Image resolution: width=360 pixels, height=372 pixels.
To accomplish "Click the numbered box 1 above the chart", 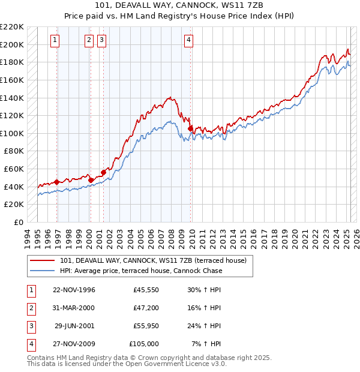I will [55, 40].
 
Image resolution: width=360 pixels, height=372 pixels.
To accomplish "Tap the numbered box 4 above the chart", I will [188, 40].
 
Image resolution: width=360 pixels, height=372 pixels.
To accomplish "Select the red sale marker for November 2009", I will [190, 128].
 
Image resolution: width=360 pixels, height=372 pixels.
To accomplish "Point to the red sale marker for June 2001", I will [104, 172].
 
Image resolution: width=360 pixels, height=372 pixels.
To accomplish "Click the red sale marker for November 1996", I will [57, 182].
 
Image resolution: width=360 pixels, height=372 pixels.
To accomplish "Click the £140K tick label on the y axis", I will [12, 97].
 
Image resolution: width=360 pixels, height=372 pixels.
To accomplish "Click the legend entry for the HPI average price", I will [141, 271].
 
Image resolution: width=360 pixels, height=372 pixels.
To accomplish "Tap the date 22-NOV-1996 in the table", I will [74, 290].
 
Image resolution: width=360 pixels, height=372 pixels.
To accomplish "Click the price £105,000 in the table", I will [144, 344].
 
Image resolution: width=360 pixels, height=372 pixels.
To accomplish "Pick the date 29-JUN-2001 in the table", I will [74, 326].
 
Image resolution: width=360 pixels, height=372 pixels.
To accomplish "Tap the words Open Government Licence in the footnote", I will [168, 364].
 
